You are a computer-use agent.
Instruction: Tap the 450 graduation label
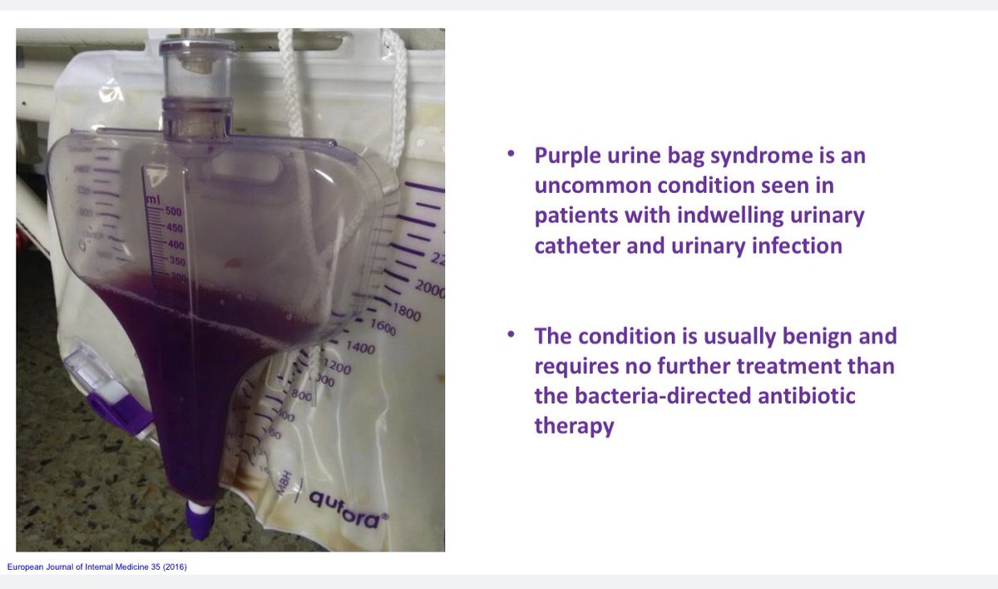(x=174, y=228)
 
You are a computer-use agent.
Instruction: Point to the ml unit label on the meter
(x=153, y=200)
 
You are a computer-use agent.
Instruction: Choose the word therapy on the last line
(x=574, y=427)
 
